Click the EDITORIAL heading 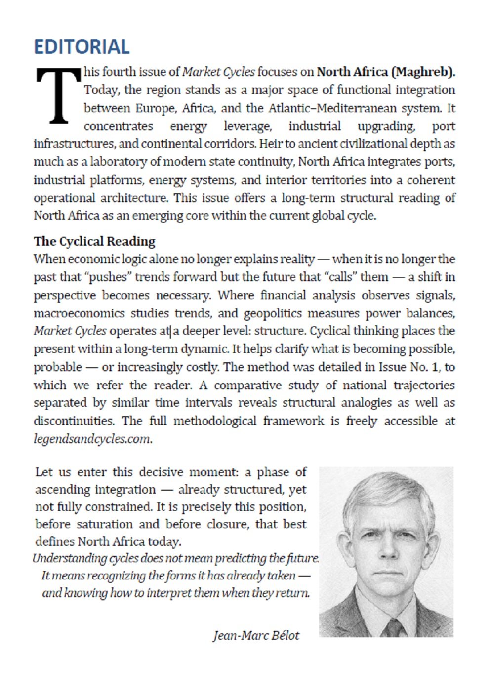pyautogui.click(x=82, y=47)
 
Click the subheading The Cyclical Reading pyautogui.click(x=94, y=241)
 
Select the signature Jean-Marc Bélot pyautogui.click(x=256, y=635)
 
